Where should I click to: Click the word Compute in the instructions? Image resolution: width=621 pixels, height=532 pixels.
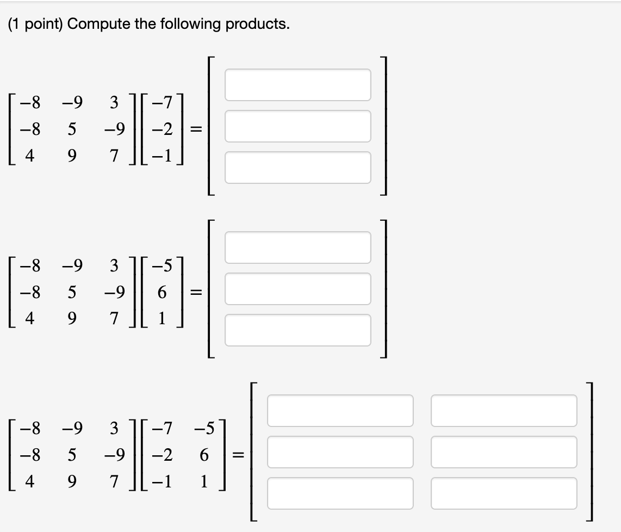coord(95,24)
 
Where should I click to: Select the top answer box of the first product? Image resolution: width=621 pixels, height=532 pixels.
coord(297,84)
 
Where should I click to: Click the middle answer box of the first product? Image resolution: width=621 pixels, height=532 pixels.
coord(297,126)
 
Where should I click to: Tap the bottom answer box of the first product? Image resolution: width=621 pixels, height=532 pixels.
coord(297,167)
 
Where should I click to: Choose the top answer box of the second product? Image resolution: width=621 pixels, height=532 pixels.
coord(297,247)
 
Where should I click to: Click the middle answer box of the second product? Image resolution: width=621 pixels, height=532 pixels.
coord(297,288)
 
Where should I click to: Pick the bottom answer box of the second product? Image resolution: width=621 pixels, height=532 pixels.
coord(297,330)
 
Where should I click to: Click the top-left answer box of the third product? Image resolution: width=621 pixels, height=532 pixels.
coord(340,410)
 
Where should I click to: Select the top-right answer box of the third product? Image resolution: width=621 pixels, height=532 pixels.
coord(504,410)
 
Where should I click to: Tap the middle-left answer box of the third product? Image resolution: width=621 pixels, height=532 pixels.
coord(340,451)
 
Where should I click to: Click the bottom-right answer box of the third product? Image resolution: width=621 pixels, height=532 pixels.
coord(504,493)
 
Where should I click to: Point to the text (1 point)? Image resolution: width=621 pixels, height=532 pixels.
coord(36,24)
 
